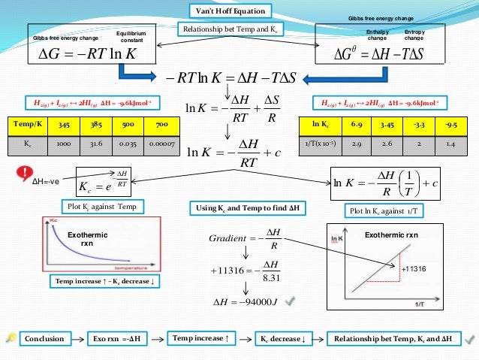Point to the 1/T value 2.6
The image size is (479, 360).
coord(389,144)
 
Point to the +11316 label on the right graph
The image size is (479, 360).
coord(414,268)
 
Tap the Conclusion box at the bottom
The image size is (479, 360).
coord(44,339)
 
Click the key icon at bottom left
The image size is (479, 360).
coord(11,339)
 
